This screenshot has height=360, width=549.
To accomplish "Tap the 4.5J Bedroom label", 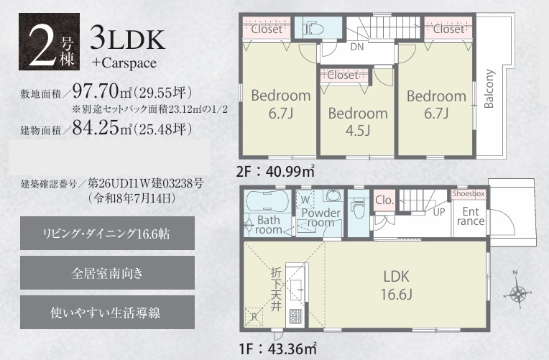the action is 358,122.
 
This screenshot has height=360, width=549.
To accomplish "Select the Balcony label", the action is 489,88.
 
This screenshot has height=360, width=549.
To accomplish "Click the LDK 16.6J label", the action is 397,285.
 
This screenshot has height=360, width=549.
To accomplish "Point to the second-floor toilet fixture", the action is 313,28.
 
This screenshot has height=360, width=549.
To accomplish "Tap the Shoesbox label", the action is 469,194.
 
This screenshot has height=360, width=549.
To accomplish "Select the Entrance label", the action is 471,216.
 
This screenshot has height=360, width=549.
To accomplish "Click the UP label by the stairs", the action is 439,212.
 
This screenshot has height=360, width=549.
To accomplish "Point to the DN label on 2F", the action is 357,47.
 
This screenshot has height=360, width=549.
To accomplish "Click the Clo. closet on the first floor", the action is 384,200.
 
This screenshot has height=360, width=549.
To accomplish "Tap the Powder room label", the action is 320,218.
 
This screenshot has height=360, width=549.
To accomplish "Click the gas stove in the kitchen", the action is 295,317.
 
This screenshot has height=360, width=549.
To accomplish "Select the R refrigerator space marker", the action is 254,317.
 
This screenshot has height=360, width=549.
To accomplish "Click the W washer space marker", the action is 305,200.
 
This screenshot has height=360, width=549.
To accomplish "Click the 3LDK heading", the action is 127,40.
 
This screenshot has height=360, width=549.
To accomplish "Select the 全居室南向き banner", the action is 107,273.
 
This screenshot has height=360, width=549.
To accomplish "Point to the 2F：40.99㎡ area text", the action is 275,172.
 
